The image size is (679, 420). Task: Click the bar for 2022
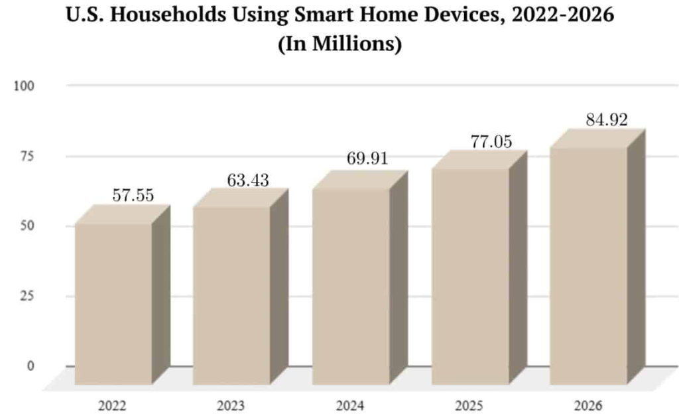tap(113, 303)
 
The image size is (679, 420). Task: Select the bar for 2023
tap(231, 295)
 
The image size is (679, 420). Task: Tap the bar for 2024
tap(351, 286)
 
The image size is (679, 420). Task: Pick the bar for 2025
tap(470, 276)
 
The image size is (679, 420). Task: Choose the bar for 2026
tap(589, 265)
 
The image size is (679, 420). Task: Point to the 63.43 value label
tap(248, 179)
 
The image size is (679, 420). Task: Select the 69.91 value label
tap(367, 159)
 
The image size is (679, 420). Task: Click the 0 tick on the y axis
tap(30, 366)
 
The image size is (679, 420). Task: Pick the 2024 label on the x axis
tap(351, 405)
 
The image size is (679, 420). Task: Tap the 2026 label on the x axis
tap(589, 405)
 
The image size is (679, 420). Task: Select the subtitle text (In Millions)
tap(339, 46)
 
